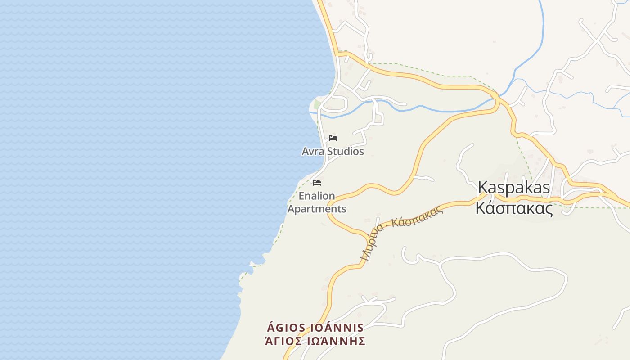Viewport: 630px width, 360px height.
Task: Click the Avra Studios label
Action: [333, 151]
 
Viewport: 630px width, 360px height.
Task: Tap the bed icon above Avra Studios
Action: [333, 138]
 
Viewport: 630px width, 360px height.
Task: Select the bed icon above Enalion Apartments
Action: [317, 182]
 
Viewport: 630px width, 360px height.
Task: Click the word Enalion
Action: [317, 196]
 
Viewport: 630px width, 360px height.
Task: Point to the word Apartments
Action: [317, 209]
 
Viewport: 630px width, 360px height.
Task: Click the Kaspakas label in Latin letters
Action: [513, 187]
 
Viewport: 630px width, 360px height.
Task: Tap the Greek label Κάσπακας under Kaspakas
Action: [514, 208]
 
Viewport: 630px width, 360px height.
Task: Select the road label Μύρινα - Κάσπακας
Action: [402, 232]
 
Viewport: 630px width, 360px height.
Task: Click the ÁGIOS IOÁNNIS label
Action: [315, 327]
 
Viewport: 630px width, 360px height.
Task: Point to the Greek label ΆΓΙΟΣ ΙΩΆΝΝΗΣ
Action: [315, 341]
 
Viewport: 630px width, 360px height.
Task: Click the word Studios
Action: [345, 151]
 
